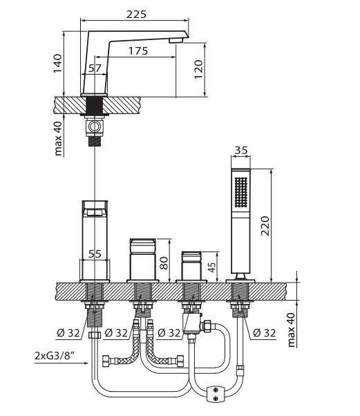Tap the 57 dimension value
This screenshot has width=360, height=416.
coord(95,68)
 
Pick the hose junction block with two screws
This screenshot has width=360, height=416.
coord(218,393)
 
